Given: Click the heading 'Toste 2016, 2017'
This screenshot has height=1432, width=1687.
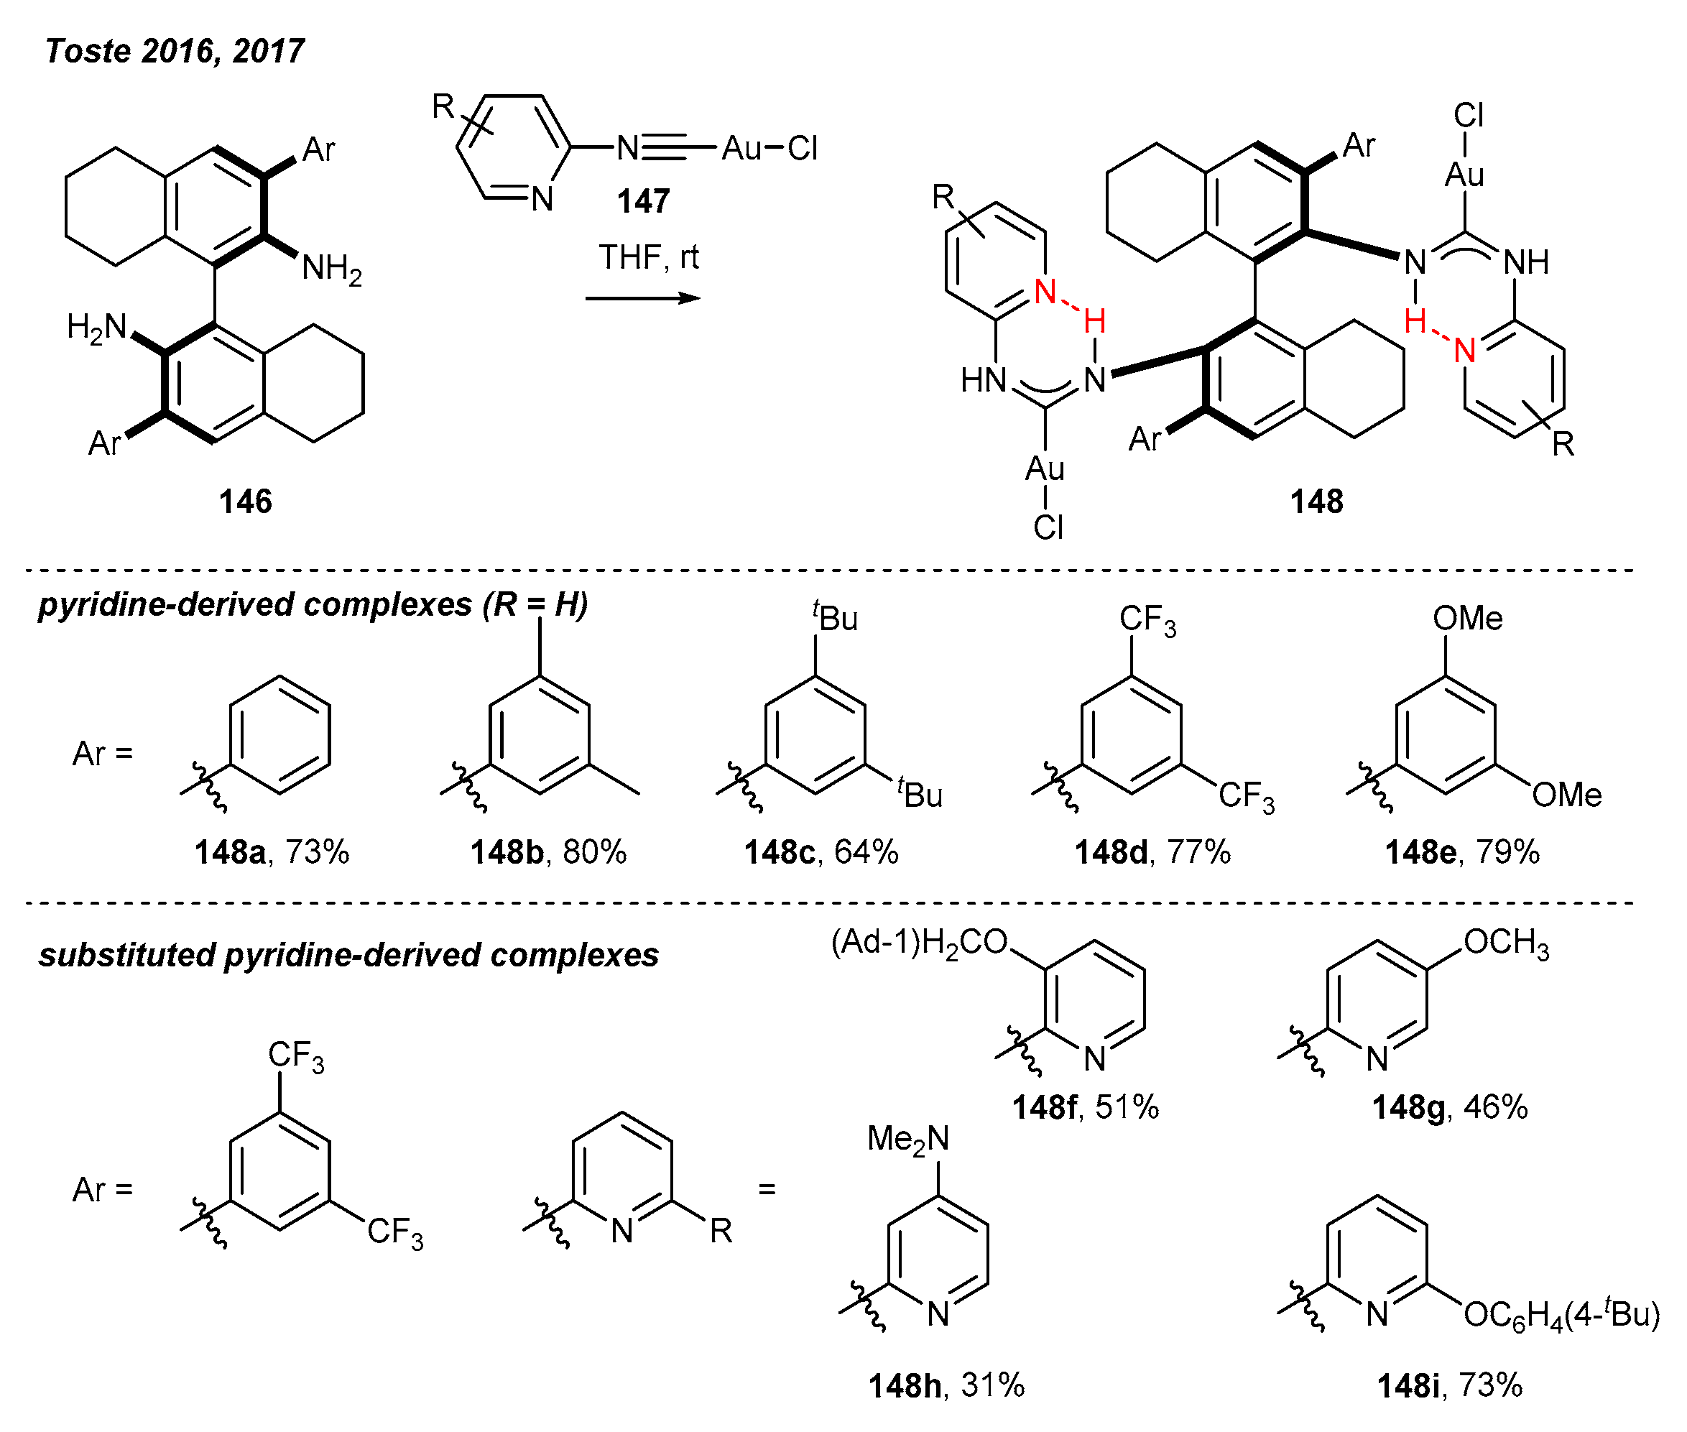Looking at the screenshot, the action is pyautogui.click(x=175, y=51).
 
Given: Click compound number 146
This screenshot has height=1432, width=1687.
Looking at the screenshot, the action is pyautogui.click(x=245, y=501).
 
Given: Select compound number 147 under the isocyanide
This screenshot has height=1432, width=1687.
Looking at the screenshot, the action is pyautogui.click(x=643, y=200).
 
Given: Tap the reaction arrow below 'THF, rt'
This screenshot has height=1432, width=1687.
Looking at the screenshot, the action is pyautogui.click(x=642, y=299).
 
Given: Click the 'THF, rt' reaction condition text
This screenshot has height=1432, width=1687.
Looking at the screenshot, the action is pyautogui.click(x=648, y=257).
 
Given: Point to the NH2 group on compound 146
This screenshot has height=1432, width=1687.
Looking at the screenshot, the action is pyautogui.click(x=331, y=268).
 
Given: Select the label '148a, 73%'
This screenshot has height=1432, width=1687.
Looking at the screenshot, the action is pyautogui.click(x=272, y=852).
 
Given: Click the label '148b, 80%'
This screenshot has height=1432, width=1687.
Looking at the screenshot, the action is pyautogui.click(x=549, y=852).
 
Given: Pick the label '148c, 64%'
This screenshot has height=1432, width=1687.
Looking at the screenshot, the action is pyautogui.click(x=821, y=852).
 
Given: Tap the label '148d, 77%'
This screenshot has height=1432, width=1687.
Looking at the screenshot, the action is pyautogui.click(x=1153, y=852).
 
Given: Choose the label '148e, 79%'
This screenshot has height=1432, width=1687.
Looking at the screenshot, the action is pyautogui.click(x=1462, y=852).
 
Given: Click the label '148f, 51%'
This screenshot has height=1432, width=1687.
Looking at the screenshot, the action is pyautogui.click(x=1086, y=1107).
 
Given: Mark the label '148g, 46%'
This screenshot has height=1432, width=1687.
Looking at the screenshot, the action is pyautogui.click(x=1450, y=1107).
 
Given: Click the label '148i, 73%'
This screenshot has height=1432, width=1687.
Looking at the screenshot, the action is pyautogui.click(x=1450, y=1386).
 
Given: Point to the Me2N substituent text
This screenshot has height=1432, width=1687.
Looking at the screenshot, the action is pyautogui.click(x=907, y=1139).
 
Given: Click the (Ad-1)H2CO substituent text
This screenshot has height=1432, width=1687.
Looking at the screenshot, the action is pyautogui.click(x=919, y=943).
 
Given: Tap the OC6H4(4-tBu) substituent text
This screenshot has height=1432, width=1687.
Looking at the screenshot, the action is pyautogui.click(x=1561, y=1314).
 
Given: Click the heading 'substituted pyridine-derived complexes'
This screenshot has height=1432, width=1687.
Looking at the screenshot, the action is pyautogui.click(x=349, y=956).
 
